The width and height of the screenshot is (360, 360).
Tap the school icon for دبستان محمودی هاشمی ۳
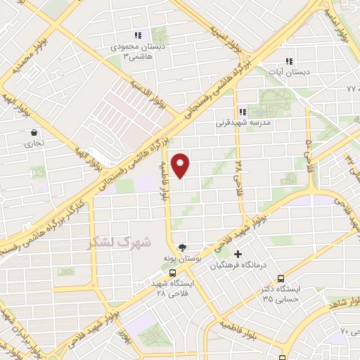tap(139, 35)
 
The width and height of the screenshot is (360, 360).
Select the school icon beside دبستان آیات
tap(288, 61)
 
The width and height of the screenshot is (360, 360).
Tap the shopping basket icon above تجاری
tap(34, 132)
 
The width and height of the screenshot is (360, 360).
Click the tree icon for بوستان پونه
tap(183, 247)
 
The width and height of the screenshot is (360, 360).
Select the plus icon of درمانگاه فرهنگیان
tap(238, 254)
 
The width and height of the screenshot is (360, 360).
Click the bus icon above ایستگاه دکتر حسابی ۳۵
tap(281, 278)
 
